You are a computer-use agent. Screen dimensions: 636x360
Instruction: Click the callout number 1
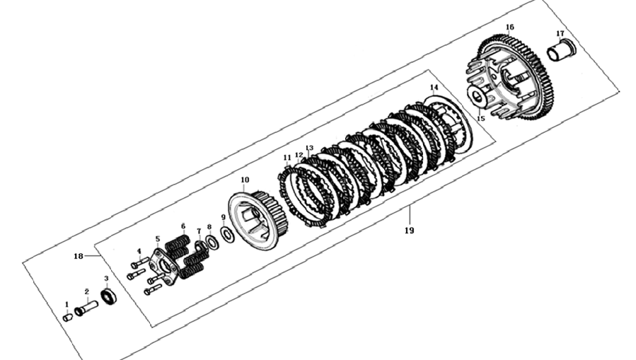(x=67, y=304)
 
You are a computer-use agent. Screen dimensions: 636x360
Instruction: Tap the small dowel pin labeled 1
(x=68, y=318)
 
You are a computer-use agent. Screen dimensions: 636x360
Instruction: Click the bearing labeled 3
(x=108, y=296)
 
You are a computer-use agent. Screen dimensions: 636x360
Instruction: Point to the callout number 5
(x=157, y=239)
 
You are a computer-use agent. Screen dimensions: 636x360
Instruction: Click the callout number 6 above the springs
(x=183, y=226)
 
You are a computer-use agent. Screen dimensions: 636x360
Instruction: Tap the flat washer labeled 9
(x=226, y=234)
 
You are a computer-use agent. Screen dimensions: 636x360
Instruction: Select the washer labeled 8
(x=212, y=242)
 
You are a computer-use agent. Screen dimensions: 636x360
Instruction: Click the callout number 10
(x=245, y=180)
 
